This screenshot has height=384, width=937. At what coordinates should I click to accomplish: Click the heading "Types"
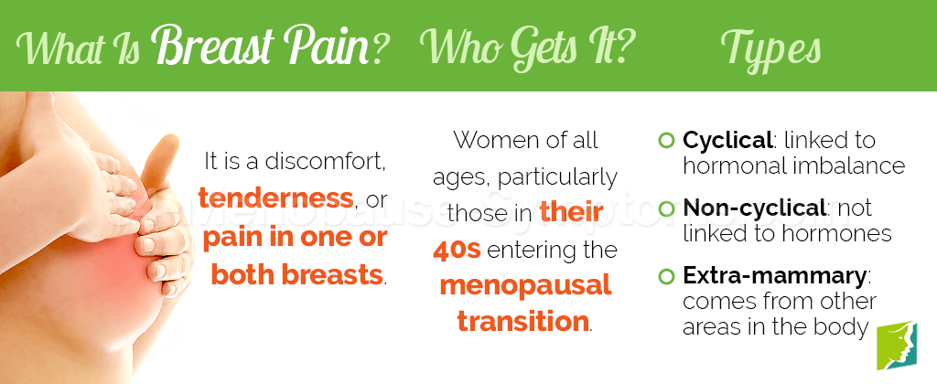[x=770, y=48]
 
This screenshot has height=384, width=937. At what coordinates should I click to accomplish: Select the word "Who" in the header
[x=455, y=46]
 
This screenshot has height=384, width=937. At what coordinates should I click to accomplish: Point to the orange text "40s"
[x=458, y=250]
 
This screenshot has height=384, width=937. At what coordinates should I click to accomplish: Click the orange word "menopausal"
[x=526, y=285]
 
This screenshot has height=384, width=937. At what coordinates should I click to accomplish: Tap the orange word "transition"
[x=523, y=322]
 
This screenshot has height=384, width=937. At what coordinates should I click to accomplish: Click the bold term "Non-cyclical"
[x=754, y=208]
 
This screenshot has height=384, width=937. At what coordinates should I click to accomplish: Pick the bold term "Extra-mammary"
[x=774, y=275]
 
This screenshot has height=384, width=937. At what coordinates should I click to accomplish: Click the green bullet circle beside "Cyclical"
[x=665, y=142]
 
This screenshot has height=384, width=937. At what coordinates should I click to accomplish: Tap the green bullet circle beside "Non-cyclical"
[x=665, y=209]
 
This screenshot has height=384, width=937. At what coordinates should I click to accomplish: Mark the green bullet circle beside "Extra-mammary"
[x=665, y=276]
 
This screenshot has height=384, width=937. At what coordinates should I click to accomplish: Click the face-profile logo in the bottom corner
[x=897, y=346]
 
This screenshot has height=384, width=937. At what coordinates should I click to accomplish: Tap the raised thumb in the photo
[x=161, y=165]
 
